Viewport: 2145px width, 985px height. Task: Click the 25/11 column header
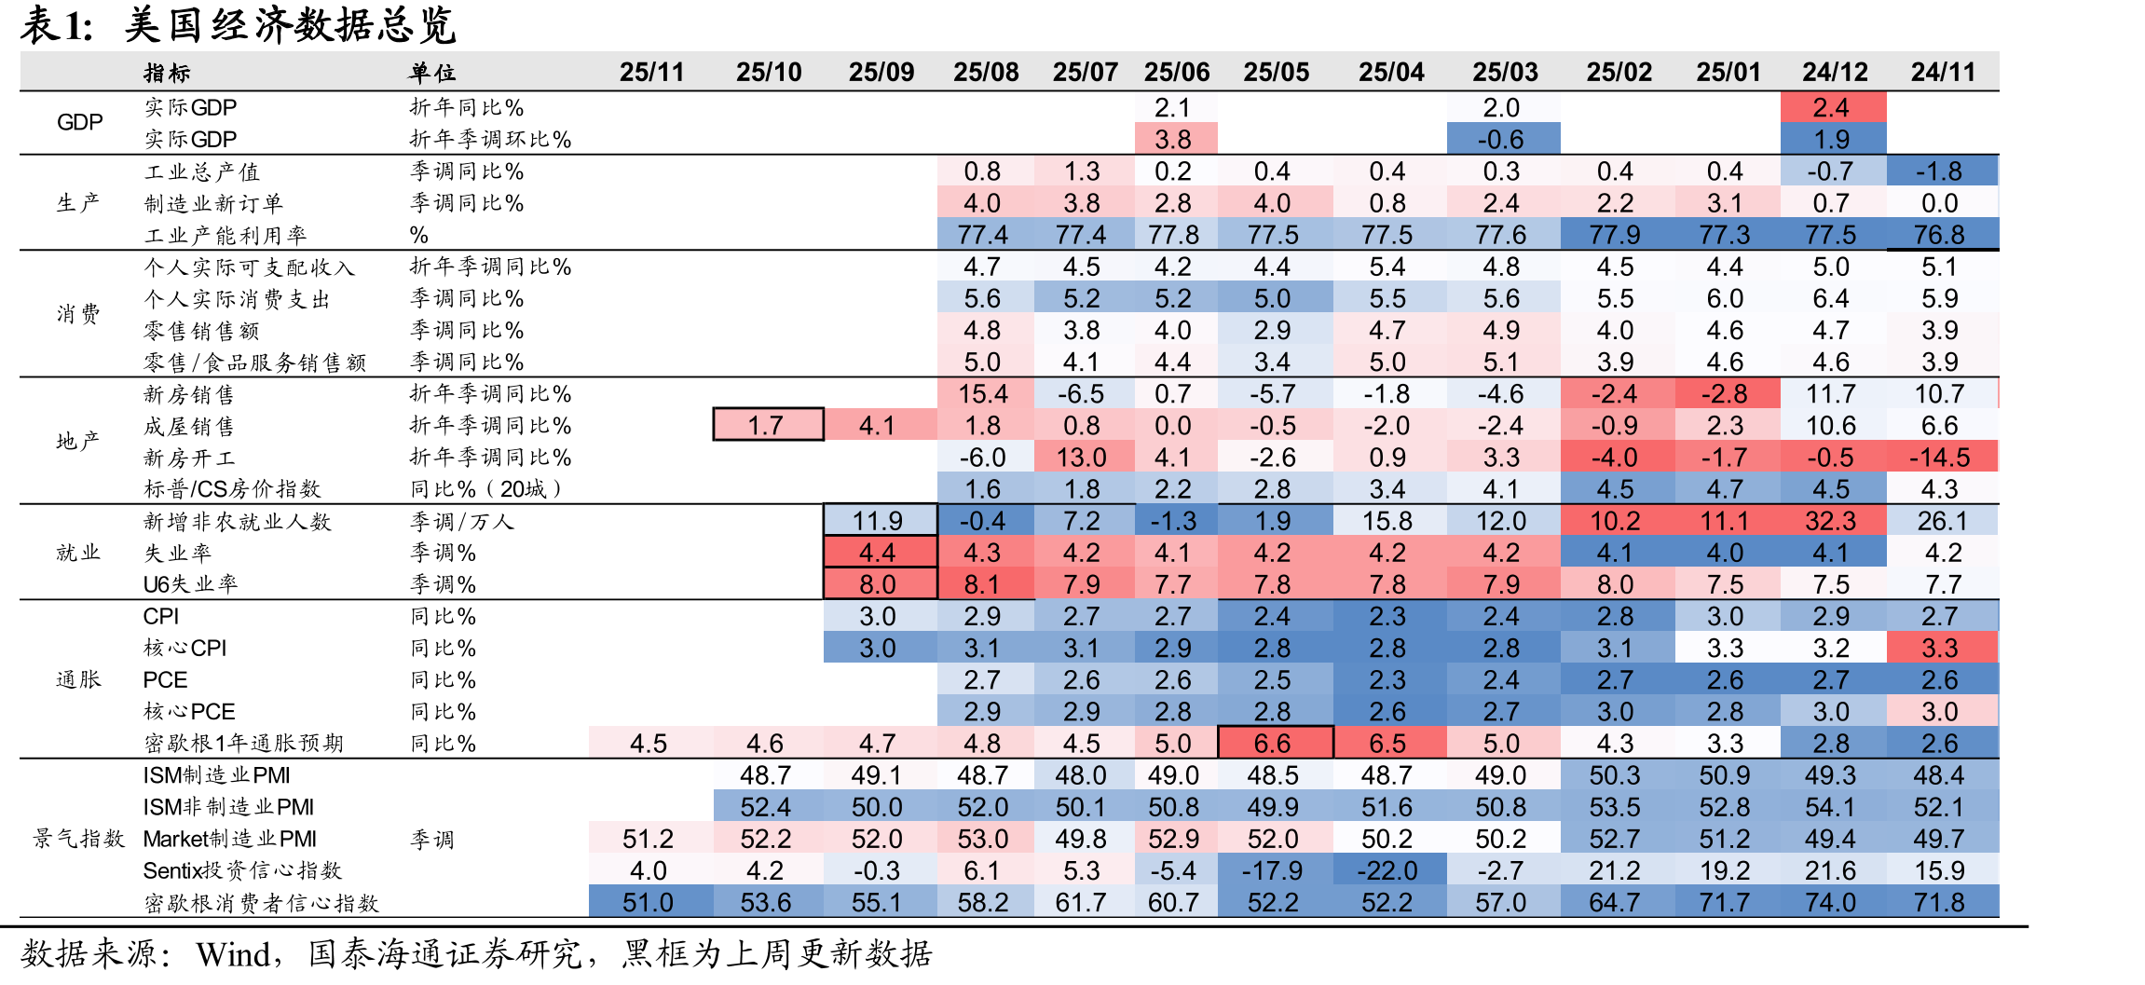click(651, 72)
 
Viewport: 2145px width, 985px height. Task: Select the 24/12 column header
click(1835, 72)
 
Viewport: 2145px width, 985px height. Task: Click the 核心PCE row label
click(189, 712)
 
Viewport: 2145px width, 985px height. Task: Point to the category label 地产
click(78, 441)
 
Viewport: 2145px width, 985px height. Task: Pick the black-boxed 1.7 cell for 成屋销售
click(768, 425)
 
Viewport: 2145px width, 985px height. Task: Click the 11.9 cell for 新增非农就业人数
click(880, 520)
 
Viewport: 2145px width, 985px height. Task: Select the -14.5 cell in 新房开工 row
click(1942, 457)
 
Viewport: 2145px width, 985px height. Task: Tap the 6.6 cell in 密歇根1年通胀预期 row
click(1275, 743)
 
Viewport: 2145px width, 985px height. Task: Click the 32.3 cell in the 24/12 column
click(1832, 520)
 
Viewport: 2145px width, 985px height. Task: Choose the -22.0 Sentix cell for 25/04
click(1388, 870)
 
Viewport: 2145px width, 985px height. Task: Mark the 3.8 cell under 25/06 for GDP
click(1174, 139)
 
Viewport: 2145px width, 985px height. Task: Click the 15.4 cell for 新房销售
click(984, 393)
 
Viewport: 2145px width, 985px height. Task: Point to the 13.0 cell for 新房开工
click(1083, 457)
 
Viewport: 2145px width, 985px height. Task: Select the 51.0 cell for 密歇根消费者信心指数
click(649, 902)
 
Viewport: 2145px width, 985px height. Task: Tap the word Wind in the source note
click(232, 954)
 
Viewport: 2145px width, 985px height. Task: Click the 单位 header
click(432, 73)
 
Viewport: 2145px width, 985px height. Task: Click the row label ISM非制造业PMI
click(228, 807)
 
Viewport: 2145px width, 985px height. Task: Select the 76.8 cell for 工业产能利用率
click(1942, 234)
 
